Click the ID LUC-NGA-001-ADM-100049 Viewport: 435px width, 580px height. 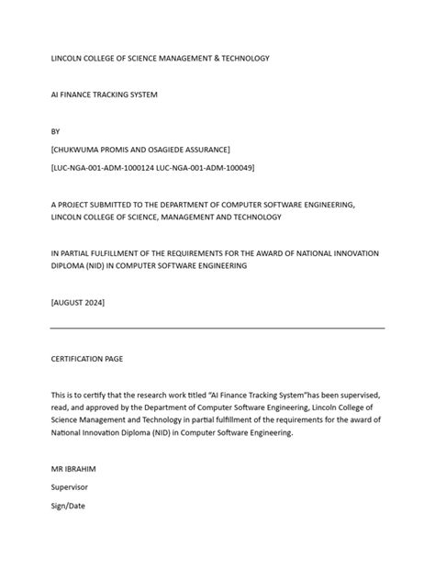202,168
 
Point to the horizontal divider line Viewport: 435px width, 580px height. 217,328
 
